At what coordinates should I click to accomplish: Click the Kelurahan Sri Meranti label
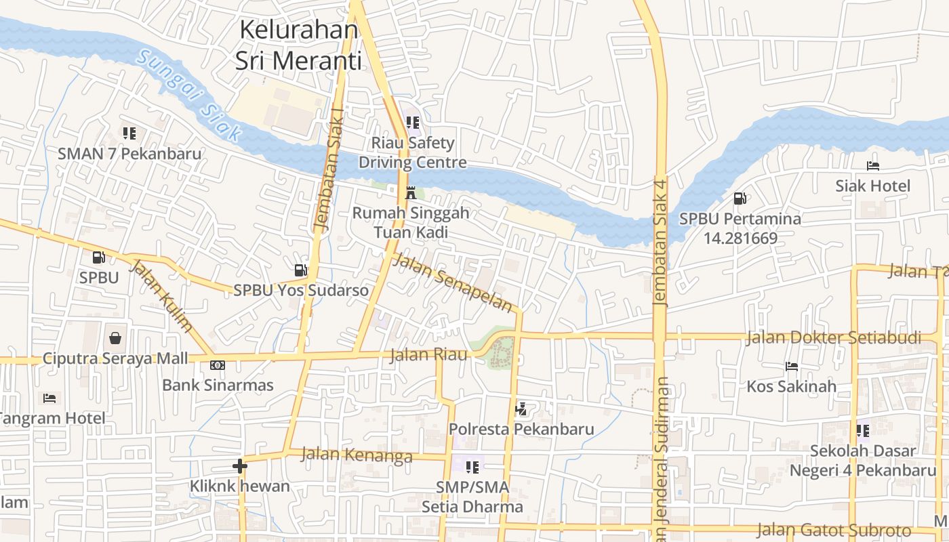[297, 45]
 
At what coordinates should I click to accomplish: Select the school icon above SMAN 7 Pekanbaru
[129, 133]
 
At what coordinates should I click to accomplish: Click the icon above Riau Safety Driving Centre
[412, 123]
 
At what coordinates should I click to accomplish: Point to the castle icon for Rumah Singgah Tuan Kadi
[410, 192]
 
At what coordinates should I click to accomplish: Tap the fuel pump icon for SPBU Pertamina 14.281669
[740, 199]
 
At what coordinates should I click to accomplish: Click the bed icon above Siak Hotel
[872, 165]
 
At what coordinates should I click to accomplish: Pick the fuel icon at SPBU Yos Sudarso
[300, 270]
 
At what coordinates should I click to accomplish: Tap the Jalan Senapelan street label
[453, 282]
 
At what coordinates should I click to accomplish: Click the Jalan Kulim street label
[161, 296]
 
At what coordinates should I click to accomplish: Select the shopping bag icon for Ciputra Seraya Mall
[116, 337]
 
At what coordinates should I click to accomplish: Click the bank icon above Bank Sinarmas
[217, 365]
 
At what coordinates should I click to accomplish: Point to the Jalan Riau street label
[429, 354]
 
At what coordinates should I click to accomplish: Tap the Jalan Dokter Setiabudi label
[833, 337]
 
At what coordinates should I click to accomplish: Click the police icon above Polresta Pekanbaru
[521, 409]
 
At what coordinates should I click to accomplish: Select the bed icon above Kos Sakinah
[791, 367]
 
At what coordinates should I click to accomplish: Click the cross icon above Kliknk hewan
[239, 466]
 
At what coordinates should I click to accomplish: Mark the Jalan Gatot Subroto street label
[833, 530]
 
